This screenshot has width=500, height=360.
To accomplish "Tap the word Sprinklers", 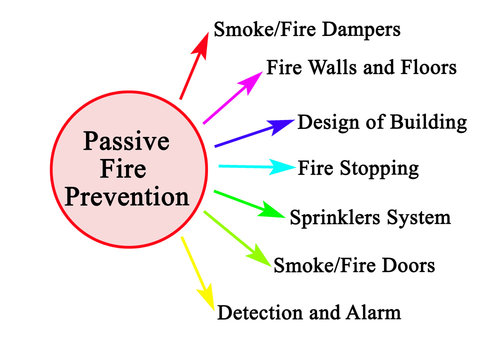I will pyautogui.click(x=337, y=216).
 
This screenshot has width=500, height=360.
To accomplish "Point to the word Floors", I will pyautogui.click(x=424, y=69).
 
